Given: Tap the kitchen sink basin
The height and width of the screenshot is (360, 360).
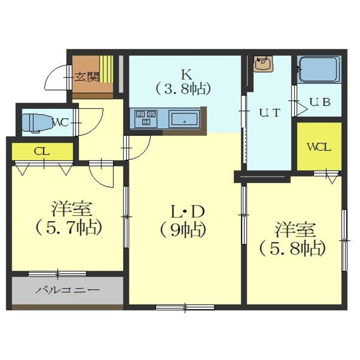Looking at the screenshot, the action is pyautogui.click(x=184, y=119).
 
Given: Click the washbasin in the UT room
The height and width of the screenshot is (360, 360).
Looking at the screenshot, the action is pyautogui.click(x=263, y=62).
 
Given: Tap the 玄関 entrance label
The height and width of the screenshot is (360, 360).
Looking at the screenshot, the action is pyautogui.click(x=87, y=77).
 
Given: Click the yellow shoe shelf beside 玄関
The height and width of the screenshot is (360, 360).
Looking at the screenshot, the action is pyautogui.click(x=106, y=69).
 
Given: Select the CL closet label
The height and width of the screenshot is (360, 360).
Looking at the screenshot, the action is pyautogui.click(x=42, y=151).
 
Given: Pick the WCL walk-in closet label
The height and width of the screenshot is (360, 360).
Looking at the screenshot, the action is pyautogui.click(x=319, y=147).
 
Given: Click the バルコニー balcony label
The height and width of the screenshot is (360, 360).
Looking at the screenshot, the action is pyautogui.click(x=67, y=290).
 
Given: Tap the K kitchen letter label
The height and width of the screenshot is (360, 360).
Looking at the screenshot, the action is pyautogui.click(x=187, y=74).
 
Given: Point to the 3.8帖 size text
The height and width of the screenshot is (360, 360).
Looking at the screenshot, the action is pyautogui.click(x=183, y=89).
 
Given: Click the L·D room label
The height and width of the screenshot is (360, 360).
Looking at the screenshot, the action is pyautogui.click(x=187, y=213).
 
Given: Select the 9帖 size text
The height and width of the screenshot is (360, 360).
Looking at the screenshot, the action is pyautogui.click(x=183, y=231).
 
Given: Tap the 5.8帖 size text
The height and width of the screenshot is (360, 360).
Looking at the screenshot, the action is pyautogui.click(x=292, y=249).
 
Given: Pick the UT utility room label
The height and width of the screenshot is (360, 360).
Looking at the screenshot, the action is pyautogui.click(x=269, y=113).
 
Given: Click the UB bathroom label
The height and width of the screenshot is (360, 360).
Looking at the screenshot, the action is pyautogui.click(x=320, y=102).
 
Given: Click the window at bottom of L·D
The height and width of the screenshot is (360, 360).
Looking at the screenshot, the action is pyautogui.click(x=185, y=307).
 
